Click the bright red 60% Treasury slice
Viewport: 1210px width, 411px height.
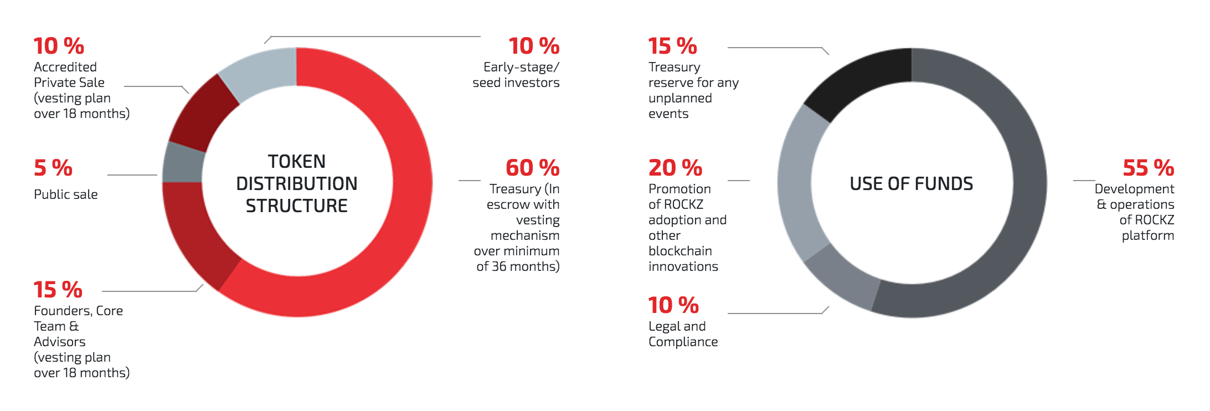coord(413,183)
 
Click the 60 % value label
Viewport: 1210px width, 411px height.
coord(532,168)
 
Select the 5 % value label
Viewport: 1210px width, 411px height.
coord(53,168)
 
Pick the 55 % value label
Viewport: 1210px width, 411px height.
coord(1148,168)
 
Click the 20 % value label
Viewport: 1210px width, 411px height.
coord(675,168)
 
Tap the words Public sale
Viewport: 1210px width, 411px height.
coord(65,194)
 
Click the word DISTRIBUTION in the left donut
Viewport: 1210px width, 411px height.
coord(297,183)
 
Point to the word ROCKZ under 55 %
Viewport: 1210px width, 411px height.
coord(1154,220)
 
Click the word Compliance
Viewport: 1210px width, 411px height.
coord(683,342)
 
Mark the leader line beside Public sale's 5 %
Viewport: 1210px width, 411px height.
coord(132,175)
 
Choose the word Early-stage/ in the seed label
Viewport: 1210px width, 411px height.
coord(521,68)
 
